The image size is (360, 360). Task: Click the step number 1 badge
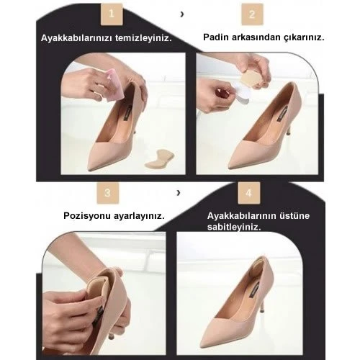coord(110,14)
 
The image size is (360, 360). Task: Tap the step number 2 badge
coord(251,14)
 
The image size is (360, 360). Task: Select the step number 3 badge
coord(107,193)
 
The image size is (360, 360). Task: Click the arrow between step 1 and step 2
coord(181,14)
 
